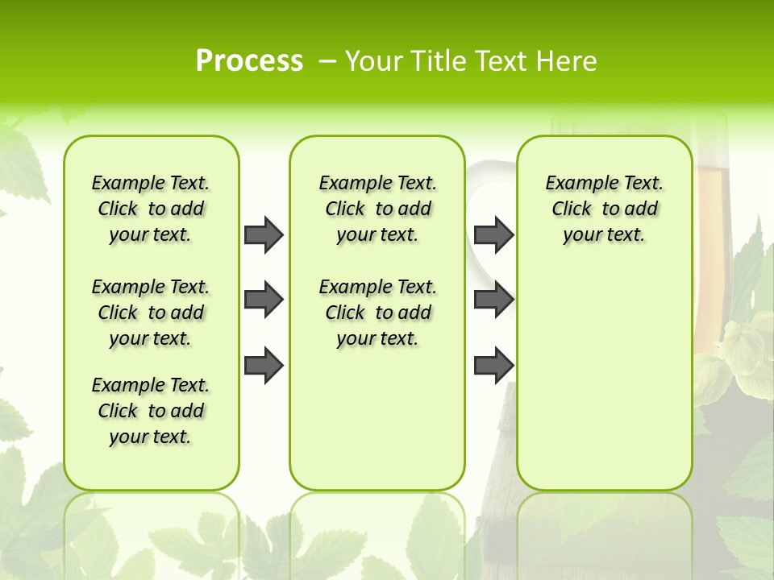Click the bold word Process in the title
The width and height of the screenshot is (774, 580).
(x=249, y=60)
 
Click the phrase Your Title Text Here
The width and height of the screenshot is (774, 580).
(x=471, y=61)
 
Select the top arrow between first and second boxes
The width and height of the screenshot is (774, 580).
(x=264, y=234)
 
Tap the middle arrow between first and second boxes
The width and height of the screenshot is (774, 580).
(x=264, y=300)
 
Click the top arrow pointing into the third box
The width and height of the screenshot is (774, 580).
(x=493, y=234)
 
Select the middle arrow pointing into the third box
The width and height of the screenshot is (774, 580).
(x=493, y=300)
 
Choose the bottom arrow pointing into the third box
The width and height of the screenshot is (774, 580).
(x=493, y=365)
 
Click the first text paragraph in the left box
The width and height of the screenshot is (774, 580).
(x=151, y=209)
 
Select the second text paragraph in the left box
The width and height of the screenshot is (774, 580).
(x=151, y=313)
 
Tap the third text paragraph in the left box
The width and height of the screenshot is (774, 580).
(x=151, y=411)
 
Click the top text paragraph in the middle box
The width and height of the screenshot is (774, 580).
(x=377, y=209)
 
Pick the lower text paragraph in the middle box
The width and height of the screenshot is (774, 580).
(x=377, y=313)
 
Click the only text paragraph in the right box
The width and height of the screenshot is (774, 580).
(x=604, y=209)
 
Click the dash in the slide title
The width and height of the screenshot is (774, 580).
(x=327, y=61)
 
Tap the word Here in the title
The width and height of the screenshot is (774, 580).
(x=568, y=61)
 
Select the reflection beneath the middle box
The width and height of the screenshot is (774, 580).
(x=377, y=532)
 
